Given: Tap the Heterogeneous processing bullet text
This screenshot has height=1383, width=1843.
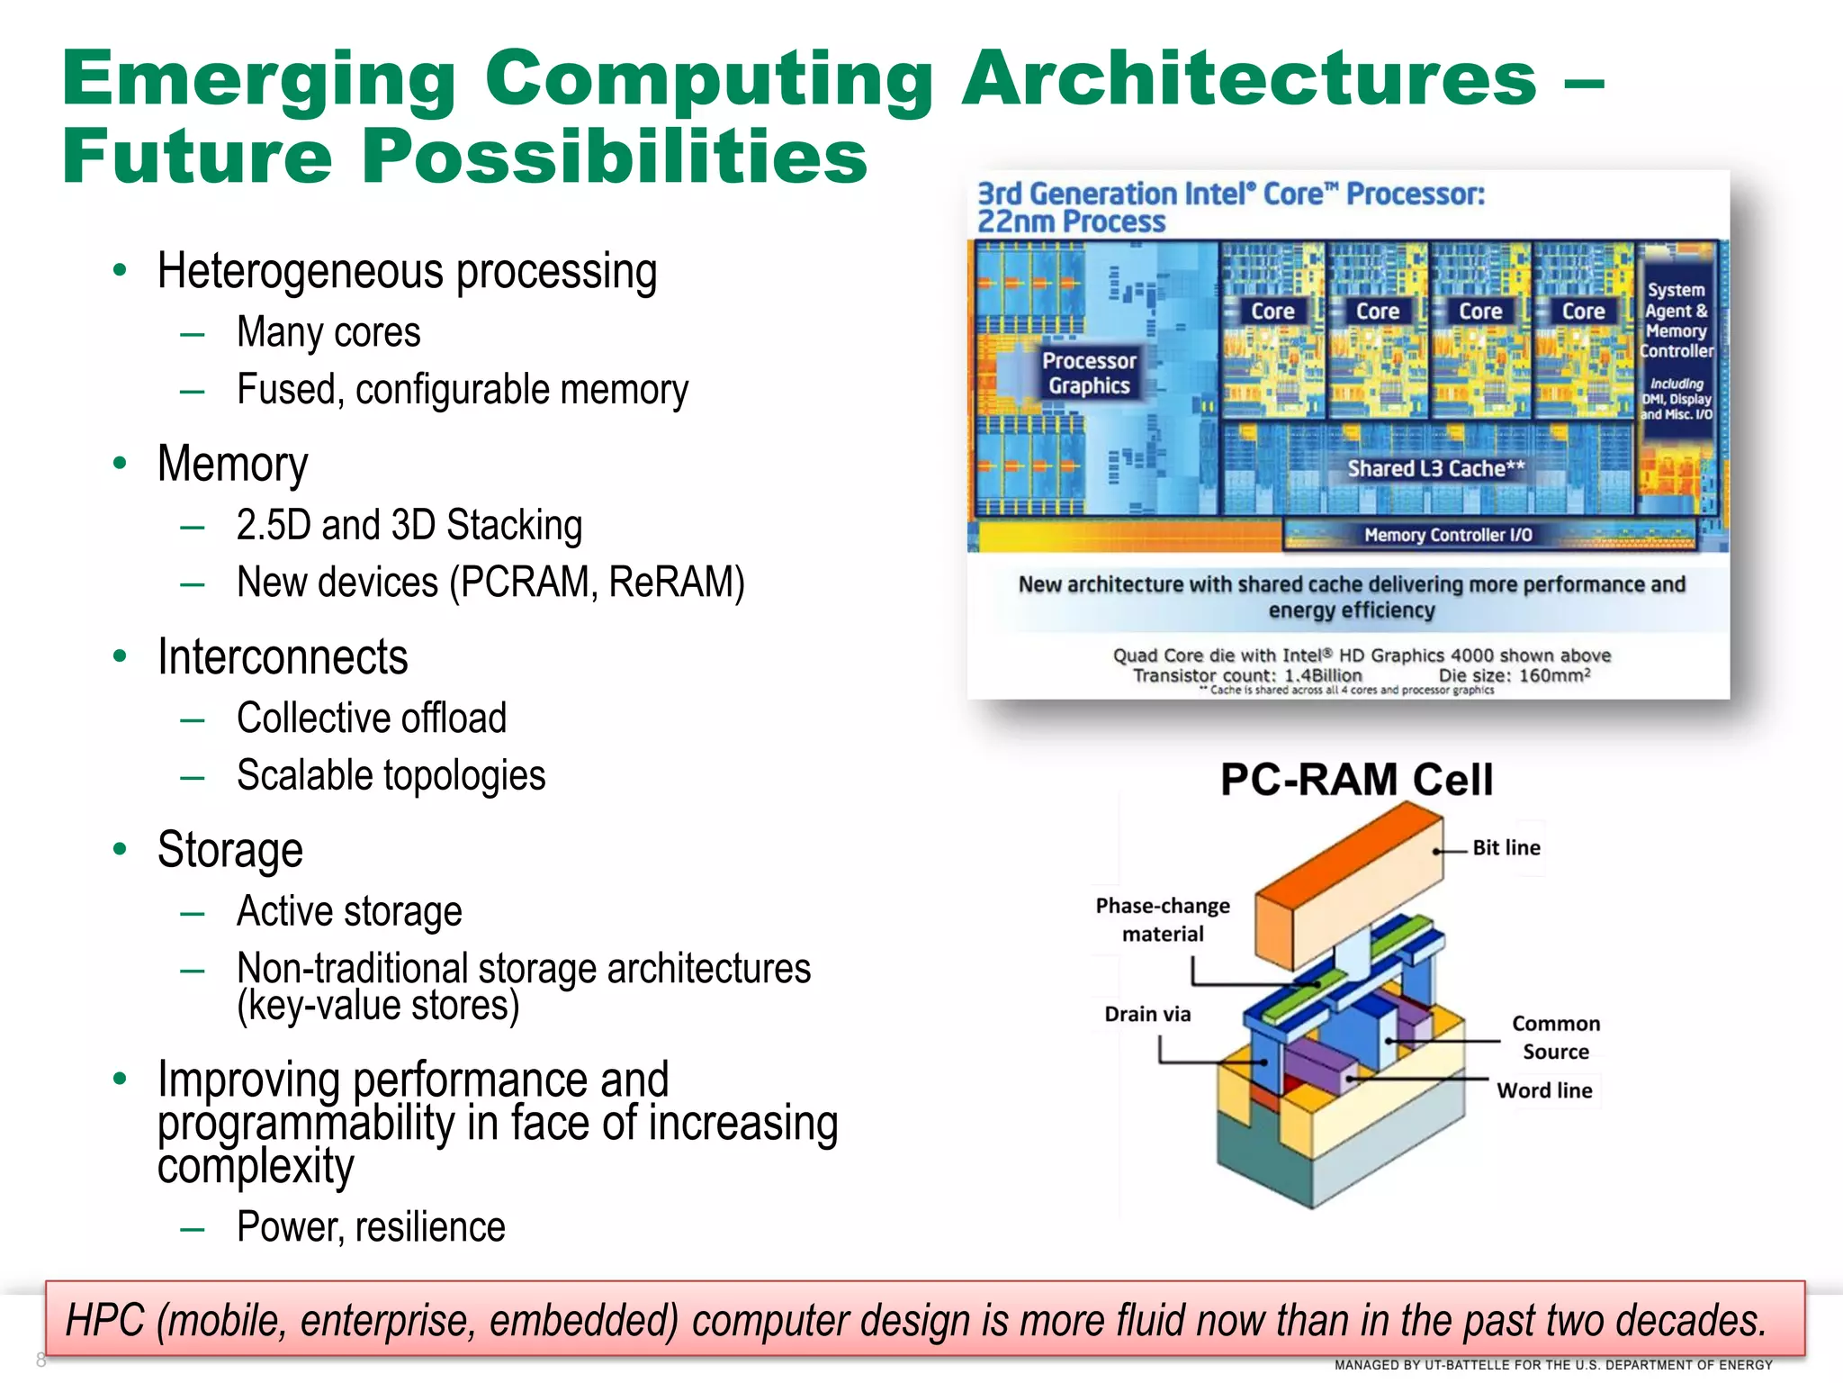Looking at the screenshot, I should coord(407,272).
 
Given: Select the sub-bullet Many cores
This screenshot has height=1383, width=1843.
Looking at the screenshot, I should coord(328,332).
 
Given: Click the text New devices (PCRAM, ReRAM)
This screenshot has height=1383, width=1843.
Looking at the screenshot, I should coord(490,582).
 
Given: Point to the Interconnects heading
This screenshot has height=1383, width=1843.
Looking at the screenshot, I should coord(283,656).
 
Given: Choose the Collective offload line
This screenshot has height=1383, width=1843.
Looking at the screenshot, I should coord(372,719).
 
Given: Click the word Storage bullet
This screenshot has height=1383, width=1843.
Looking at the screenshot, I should coord(230,850).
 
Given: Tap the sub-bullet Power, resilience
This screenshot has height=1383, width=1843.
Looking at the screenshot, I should coord(371,1227).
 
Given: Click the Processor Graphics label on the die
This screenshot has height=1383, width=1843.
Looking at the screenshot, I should coord(1089,373).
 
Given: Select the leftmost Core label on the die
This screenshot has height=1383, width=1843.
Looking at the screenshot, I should coord(1272,312).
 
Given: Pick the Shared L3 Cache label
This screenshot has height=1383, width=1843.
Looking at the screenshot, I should coord(1435,468).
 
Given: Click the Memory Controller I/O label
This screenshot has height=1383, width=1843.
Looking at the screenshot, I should coord(1448,535).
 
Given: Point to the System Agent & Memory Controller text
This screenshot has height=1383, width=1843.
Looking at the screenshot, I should coord(1676,321).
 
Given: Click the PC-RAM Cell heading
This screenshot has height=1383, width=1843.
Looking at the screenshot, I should coord(1356,780).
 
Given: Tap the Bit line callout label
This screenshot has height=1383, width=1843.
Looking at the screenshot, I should coord(1506,847).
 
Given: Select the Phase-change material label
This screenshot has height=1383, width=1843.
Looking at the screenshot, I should coord(1163,919).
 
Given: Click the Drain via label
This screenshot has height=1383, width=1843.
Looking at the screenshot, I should coord(1147,1014).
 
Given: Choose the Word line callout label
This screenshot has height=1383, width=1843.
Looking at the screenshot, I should coord(1544,1090).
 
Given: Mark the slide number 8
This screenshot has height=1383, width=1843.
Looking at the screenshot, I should coord(40,1359).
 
